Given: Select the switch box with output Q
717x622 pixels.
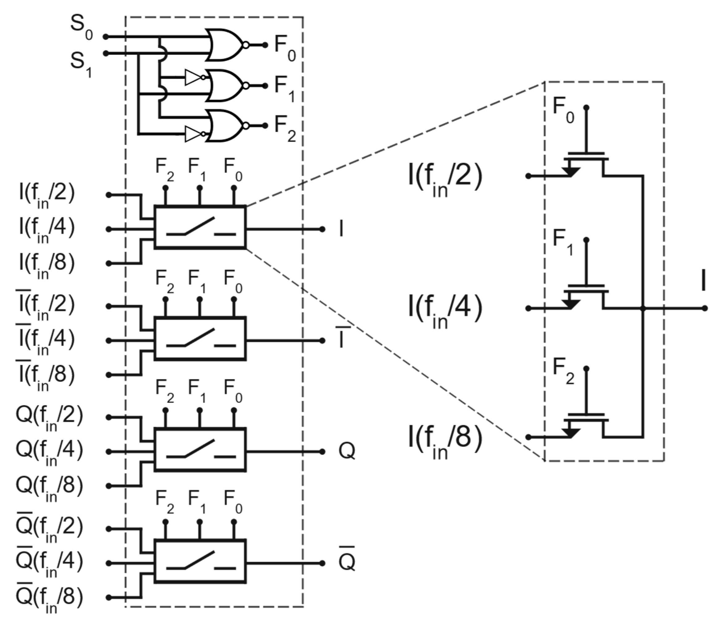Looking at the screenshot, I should (200, 450).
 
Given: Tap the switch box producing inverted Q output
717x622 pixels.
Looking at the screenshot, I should (200, 561).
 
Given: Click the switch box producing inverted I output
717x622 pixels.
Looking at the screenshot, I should (200, 339).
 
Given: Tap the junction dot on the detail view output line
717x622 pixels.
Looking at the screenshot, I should (643, 308).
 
